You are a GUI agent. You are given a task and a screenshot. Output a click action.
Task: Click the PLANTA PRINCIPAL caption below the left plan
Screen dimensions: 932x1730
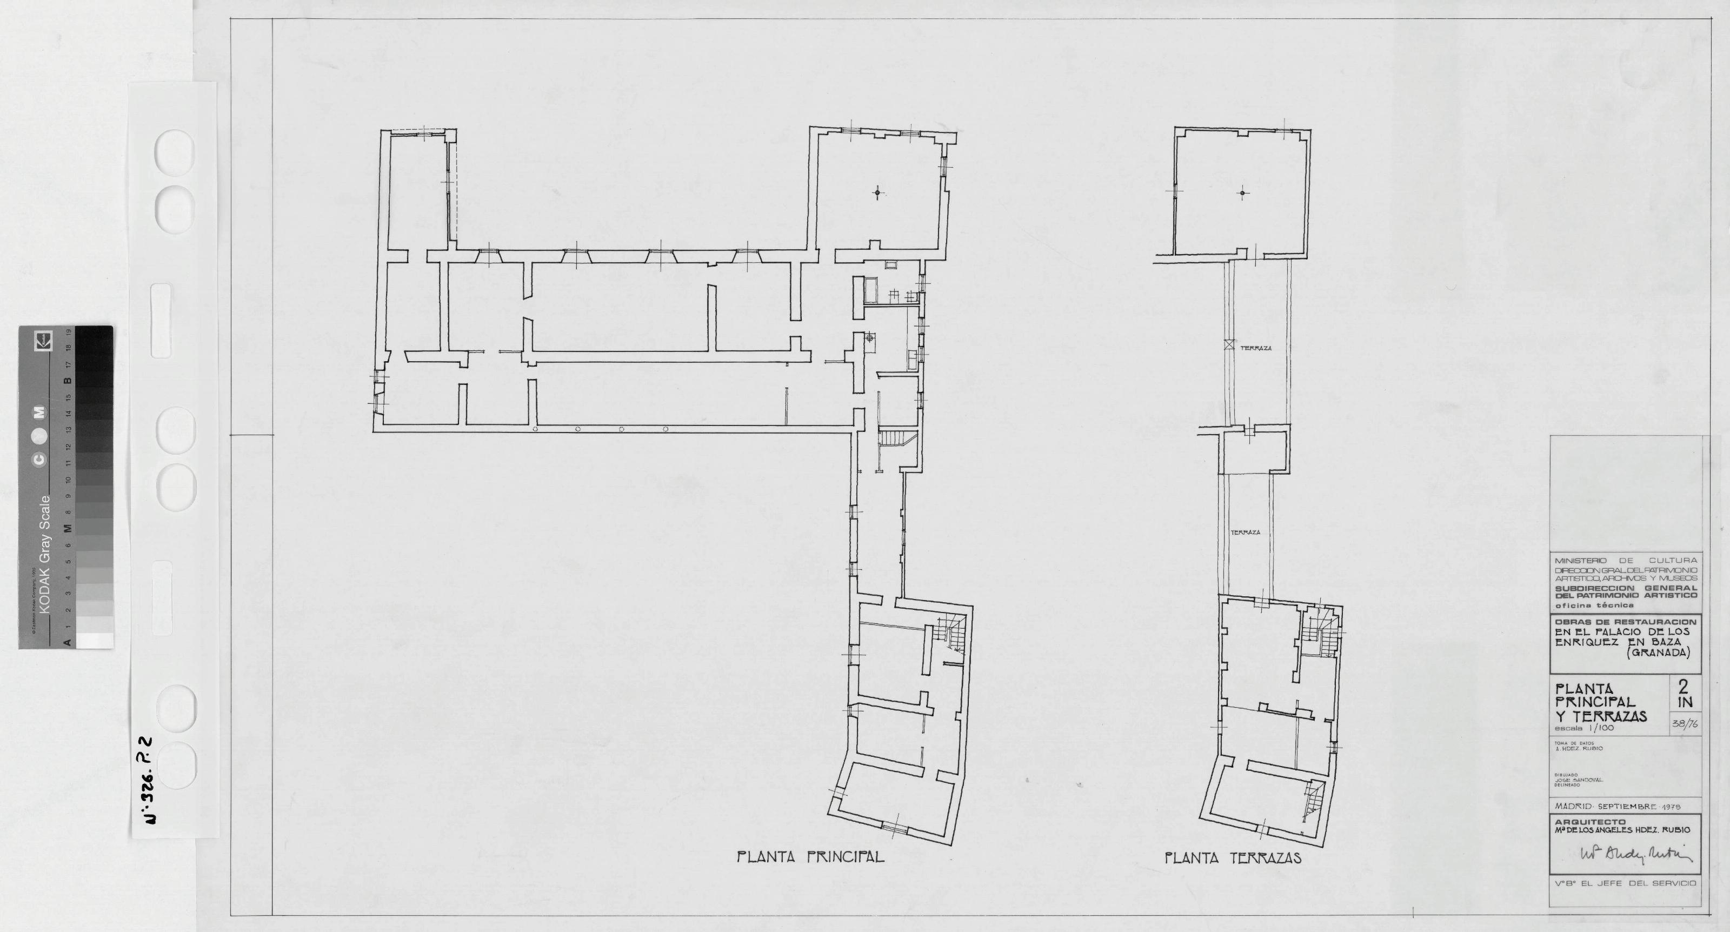click(x=810, y=857)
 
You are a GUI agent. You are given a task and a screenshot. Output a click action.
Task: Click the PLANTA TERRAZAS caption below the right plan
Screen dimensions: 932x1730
click(x=1233, y=857)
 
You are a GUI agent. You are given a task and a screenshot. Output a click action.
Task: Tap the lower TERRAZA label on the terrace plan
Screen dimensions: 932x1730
click(x=1245, y=532)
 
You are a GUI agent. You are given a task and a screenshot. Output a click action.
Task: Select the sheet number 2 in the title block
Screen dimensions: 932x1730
click(x=1684, y=686)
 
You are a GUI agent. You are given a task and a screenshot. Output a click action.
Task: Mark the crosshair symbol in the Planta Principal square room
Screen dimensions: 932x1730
click(x=876, y=194)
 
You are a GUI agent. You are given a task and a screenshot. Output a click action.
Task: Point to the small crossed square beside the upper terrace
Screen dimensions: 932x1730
click(x=1229, y=345)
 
